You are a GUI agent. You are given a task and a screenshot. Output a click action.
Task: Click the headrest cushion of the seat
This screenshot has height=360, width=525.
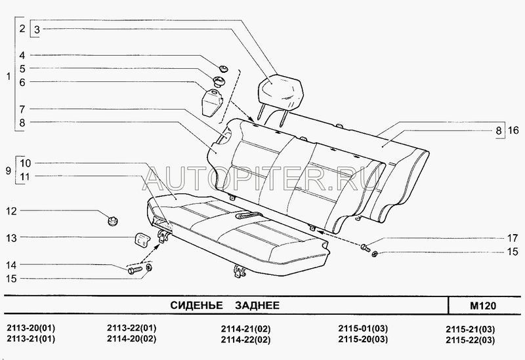point(282,89)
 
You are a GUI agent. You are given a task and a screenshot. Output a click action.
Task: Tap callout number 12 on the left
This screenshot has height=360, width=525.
point(11,211)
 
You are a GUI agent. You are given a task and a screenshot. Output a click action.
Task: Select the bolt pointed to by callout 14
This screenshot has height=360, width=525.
point(135,270)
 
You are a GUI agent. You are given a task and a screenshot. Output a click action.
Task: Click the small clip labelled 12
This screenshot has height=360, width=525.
point(113,220)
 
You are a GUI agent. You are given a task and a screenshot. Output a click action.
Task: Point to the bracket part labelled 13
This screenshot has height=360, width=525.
point(141,239)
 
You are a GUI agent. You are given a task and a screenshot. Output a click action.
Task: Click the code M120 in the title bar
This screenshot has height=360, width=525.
point(483,306)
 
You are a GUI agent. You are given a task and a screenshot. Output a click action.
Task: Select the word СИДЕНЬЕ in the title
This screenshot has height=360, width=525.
point(196,305)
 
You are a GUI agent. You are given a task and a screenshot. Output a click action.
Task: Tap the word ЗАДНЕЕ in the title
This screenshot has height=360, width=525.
point(257,305)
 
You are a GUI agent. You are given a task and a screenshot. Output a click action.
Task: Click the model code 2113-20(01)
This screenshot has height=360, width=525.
point(31,328)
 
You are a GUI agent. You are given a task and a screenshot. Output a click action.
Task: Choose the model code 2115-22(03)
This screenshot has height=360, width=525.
point(470,340)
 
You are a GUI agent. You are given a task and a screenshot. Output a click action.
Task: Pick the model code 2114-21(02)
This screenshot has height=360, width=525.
point(245,329)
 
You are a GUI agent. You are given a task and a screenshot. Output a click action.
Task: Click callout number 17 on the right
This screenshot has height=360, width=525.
point(513,238)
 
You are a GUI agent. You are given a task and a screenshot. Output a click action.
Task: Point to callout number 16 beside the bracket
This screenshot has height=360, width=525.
point(513,130)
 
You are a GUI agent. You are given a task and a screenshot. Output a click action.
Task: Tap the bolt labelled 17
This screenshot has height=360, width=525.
point(365,248)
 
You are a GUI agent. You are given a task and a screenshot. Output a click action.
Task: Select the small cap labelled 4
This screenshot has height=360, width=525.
point(223,69)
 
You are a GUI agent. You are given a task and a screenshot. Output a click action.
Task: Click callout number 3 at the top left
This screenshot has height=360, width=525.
point(37,30)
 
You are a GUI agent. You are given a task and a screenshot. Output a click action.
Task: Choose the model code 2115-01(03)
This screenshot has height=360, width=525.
point(363,329)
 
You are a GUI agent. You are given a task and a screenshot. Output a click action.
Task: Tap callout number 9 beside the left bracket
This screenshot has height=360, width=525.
point(9,170)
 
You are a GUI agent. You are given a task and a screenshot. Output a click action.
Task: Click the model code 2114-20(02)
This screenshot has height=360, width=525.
point(132,338)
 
